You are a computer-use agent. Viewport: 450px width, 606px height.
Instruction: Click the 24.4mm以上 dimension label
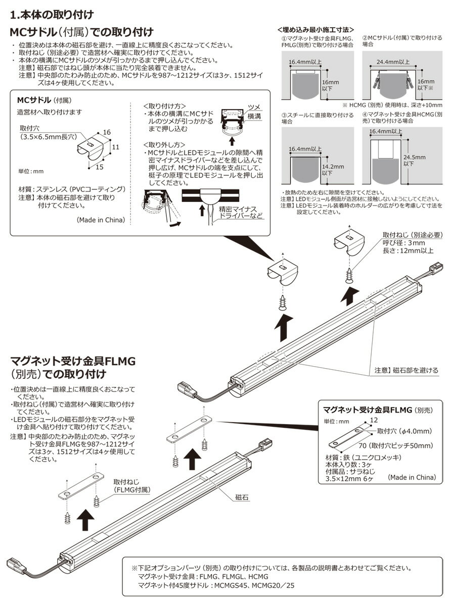coord(394,62)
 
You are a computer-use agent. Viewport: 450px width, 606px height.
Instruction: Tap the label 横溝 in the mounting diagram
coord(255,116)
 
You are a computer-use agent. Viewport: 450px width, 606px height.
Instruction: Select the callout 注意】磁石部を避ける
coord(406,370)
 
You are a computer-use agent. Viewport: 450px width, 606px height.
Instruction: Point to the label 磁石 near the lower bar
coord(242,497)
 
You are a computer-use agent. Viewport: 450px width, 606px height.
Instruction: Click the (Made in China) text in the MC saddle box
coord(100,220)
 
